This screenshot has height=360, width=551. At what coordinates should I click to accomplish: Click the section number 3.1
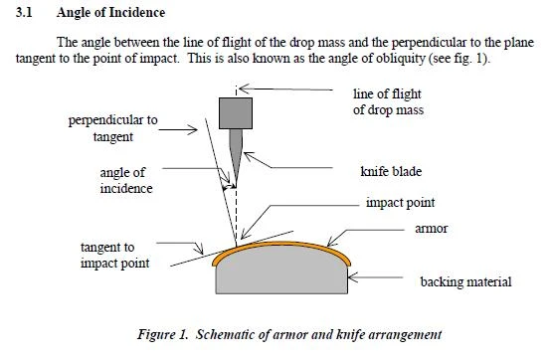[x=24, y=13]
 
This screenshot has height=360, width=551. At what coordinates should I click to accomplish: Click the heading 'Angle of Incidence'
[x=110, y=13]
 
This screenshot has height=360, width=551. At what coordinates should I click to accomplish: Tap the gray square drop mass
[x=236, y=113]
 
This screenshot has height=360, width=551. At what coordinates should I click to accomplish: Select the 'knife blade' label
[x=391, y=171]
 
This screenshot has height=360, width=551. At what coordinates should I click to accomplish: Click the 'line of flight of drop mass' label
[x=388, y=101]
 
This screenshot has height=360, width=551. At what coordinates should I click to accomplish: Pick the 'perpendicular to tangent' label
[x=112, y=128]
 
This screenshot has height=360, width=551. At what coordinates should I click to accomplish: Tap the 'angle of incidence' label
[x=126, y=180]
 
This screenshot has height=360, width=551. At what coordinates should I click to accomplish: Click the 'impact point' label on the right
[x=400, y=203]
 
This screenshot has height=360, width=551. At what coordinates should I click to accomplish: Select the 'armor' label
[x=432, y=229]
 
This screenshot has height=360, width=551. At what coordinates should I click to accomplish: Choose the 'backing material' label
[x=465, y=281]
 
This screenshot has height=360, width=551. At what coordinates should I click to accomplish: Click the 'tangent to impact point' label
[x=115, y=255]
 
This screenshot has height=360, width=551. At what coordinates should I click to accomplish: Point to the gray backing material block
[x=281, y=272]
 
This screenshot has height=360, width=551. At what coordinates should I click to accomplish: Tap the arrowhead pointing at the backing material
[x=352, y=277]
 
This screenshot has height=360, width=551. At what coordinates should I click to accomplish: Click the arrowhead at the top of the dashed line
[x=244, y=89]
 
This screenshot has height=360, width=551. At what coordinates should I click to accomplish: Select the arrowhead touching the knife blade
[x=248, y=155]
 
